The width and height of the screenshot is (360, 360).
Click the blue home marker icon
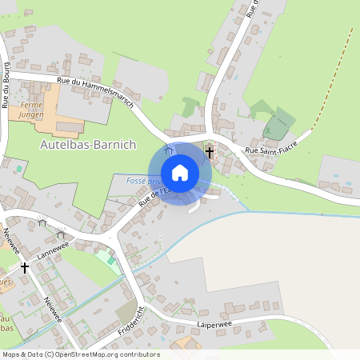point(180,173)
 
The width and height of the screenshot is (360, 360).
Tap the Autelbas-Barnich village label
point(88,145)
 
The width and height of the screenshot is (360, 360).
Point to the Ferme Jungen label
point(32,110)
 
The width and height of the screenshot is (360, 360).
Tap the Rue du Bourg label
point(6,89)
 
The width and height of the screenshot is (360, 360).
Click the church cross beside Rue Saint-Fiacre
point(210,151)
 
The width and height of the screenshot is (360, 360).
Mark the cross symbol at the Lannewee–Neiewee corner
point(25,267)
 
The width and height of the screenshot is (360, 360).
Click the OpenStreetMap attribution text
point(80,354)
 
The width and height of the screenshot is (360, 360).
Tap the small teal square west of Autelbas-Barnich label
point(18,169)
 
